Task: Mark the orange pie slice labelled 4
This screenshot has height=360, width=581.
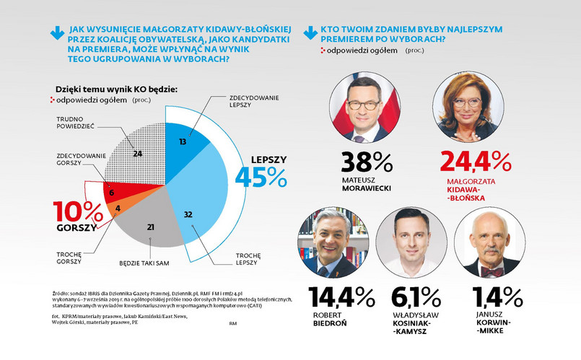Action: [x=117, y=210]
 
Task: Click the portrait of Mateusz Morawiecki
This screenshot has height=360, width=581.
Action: [x=366, y=109]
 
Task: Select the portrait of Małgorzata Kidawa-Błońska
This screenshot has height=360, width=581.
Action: [x=468, y=109]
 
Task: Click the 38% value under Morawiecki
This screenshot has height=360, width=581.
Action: [x=366, y=162]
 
